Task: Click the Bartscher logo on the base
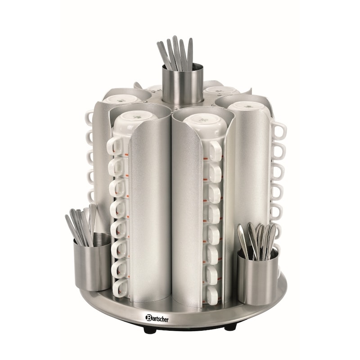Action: tap(157, 319)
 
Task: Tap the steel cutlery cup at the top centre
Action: tap(182, 84)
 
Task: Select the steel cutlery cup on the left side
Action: tap(92, 262)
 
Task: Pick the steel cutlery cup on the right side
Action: tap(258, 277)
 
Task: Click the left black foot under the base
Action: tap(150, 330)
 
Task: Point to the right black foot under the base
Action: tap(230, 328)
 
